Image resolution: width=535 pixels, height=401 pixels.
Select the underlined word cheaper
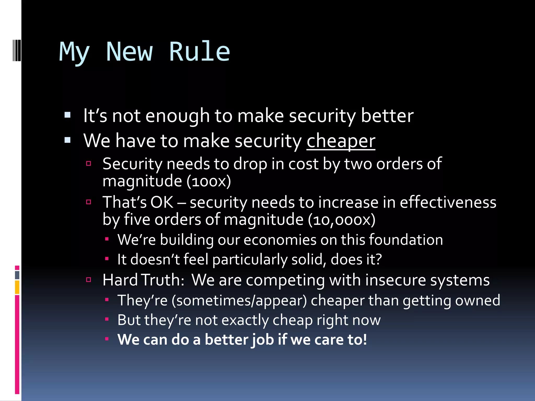[x=341, y=141]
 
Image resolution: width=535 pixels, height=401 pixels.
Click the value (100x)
[x=209, y=181]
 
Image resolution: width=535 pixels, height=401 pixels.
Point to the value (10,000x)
[x=341, y=220]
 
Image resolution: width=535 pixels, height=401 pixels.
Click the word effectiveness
[x=448, y=202]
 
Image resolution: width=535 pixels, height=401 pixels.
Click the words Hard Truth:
[x=144, y=280]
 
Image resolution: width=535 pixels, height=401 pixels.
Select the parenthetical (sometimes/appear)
[x=239, y=300]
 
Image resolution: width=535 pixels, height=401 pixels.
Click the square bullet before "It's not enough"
[x=68, y=115]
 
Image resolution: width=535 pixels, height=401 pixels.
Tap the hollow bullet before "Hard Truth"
[x=89, y=280]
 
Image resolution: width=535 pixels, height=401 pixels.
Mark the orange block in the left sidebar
[x=17, y=287]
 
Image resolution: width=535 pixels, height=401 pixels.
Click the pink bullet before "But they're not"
[x=107, y=319]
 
